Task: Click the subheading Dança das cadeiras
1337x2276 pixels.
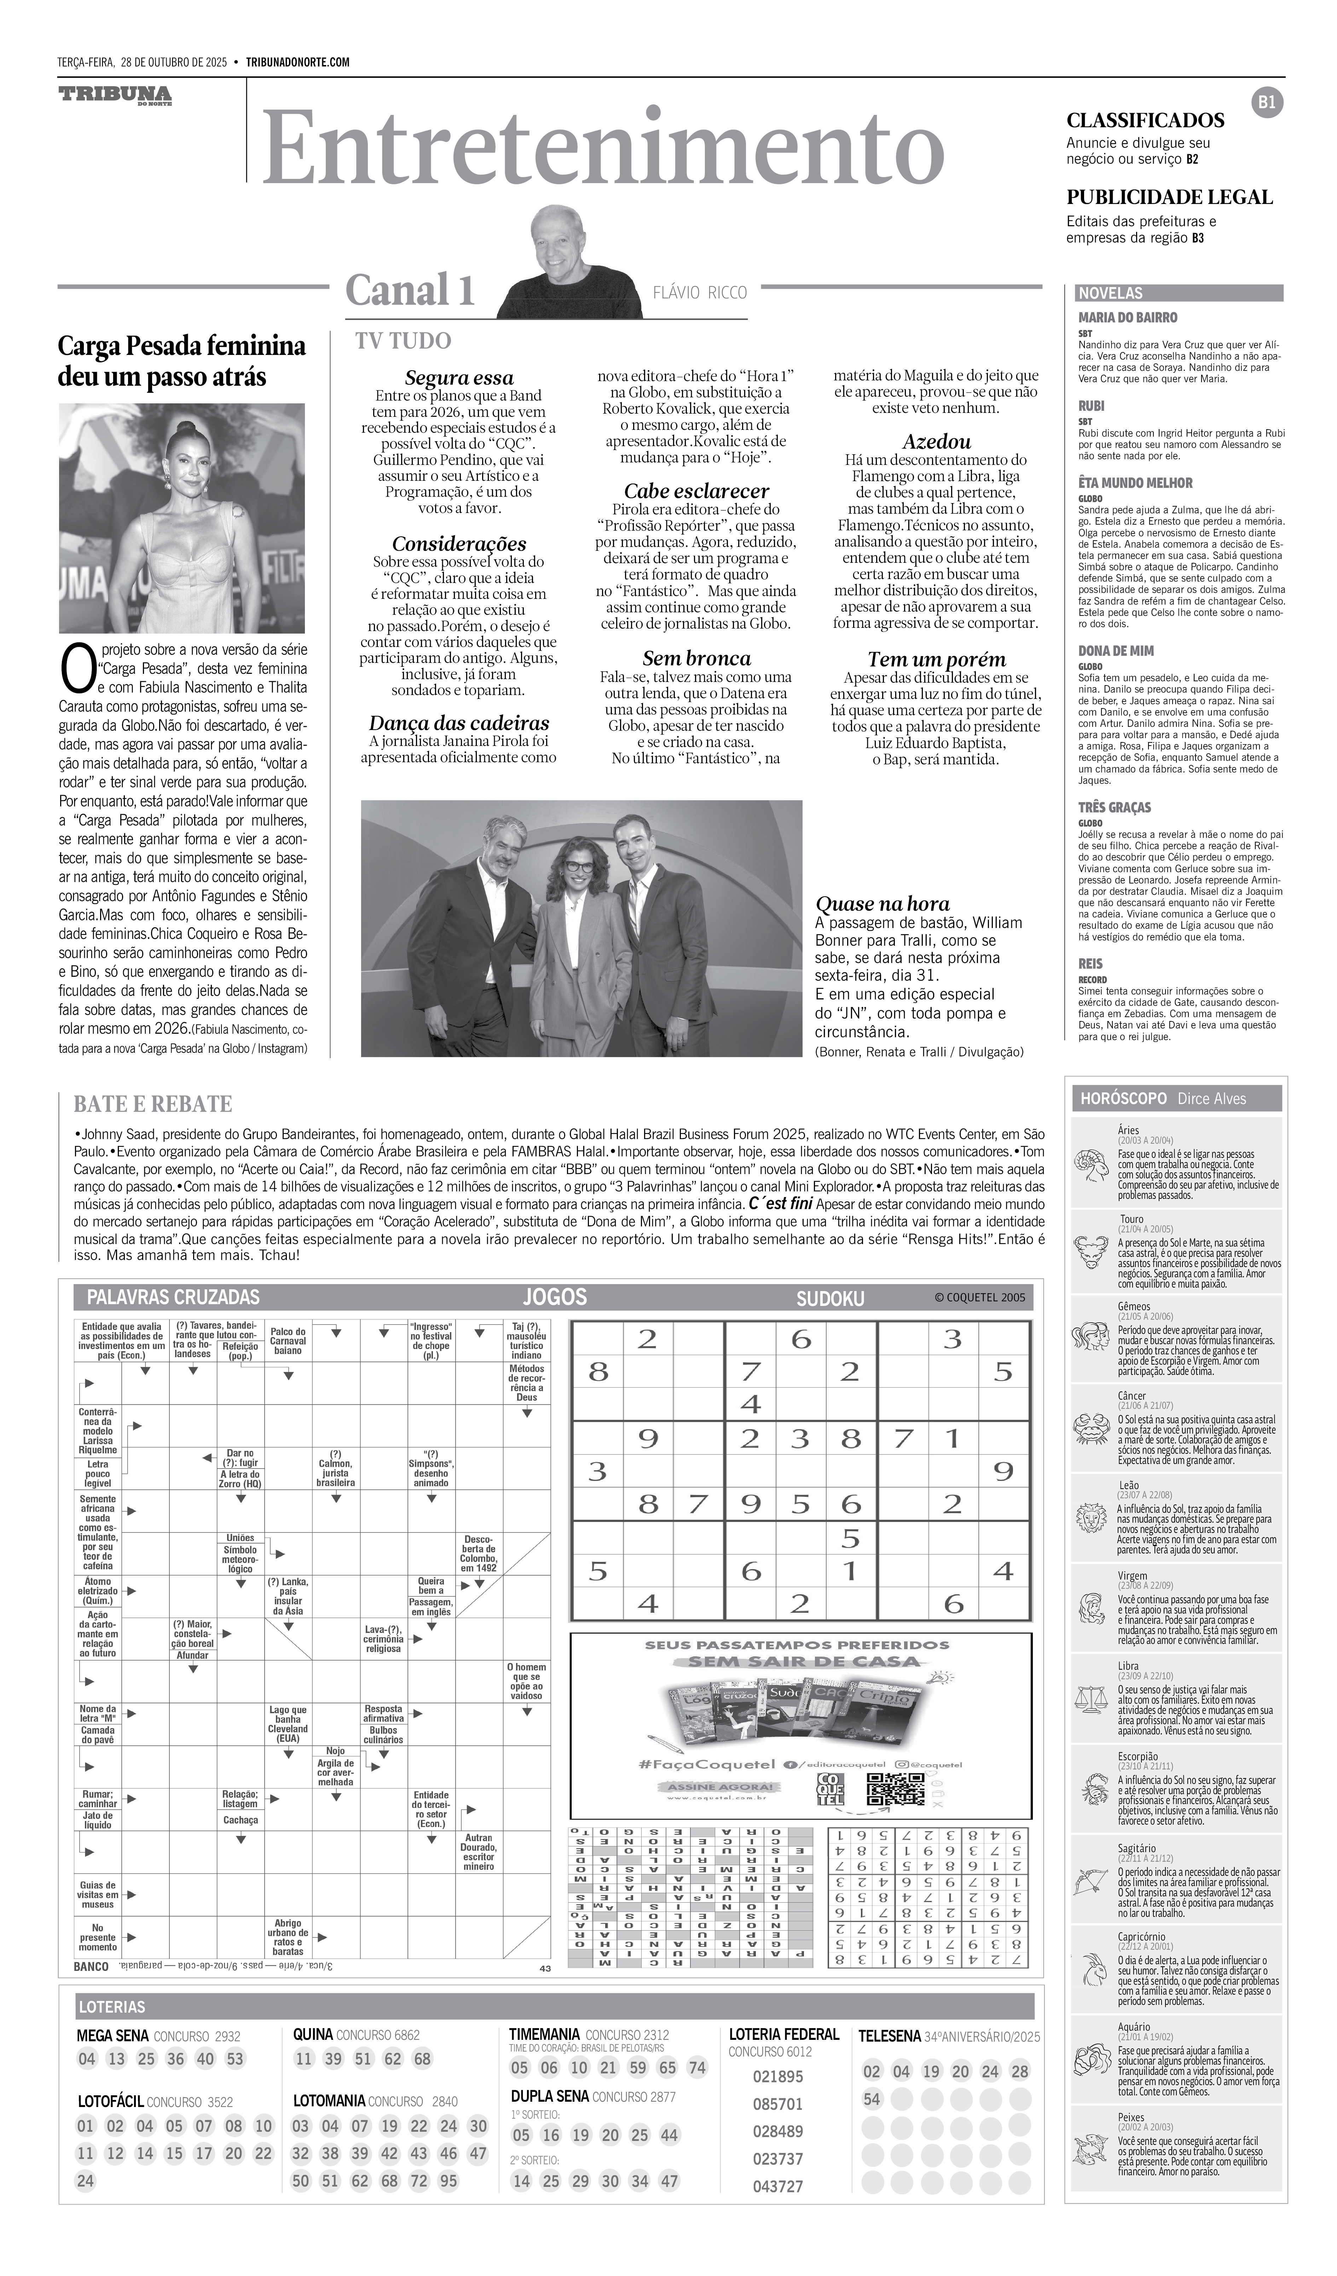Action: [459, 723]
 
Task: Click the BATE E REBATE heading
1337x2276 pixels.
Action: [153, 1104]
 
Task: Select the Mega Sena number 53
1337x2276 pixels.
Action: [235, 2058]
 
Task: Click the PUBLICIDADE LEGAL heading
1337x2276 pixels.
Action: [1170, 197]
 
